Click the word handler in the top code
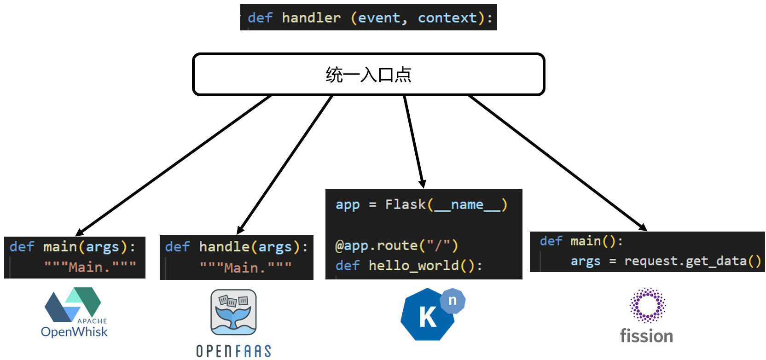(311, 18)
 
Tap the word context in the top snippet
(447, 18)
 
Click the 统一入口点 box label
(368, 75)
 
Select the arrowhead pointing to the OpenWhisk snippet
(80, 232)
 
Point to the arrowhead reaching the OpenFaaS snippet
(240, 230)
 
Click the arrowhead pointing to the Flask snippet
(422, 184)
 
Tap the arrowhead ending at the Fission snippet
(643, 227)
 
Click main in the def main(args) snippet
(60, 247)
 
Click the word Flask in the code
(406, 204)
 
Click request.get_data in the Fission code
(685, 261)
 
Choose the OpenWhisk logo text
(74, 332)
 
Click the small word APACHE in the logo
(92, 321)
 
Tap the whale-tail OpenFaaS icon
(233, 312)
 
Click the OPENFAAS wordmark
(233, 351)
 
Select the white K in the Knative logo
(427, 317)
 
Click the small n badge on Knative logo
(453, 301)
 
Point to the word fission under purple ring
(646, 336)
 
